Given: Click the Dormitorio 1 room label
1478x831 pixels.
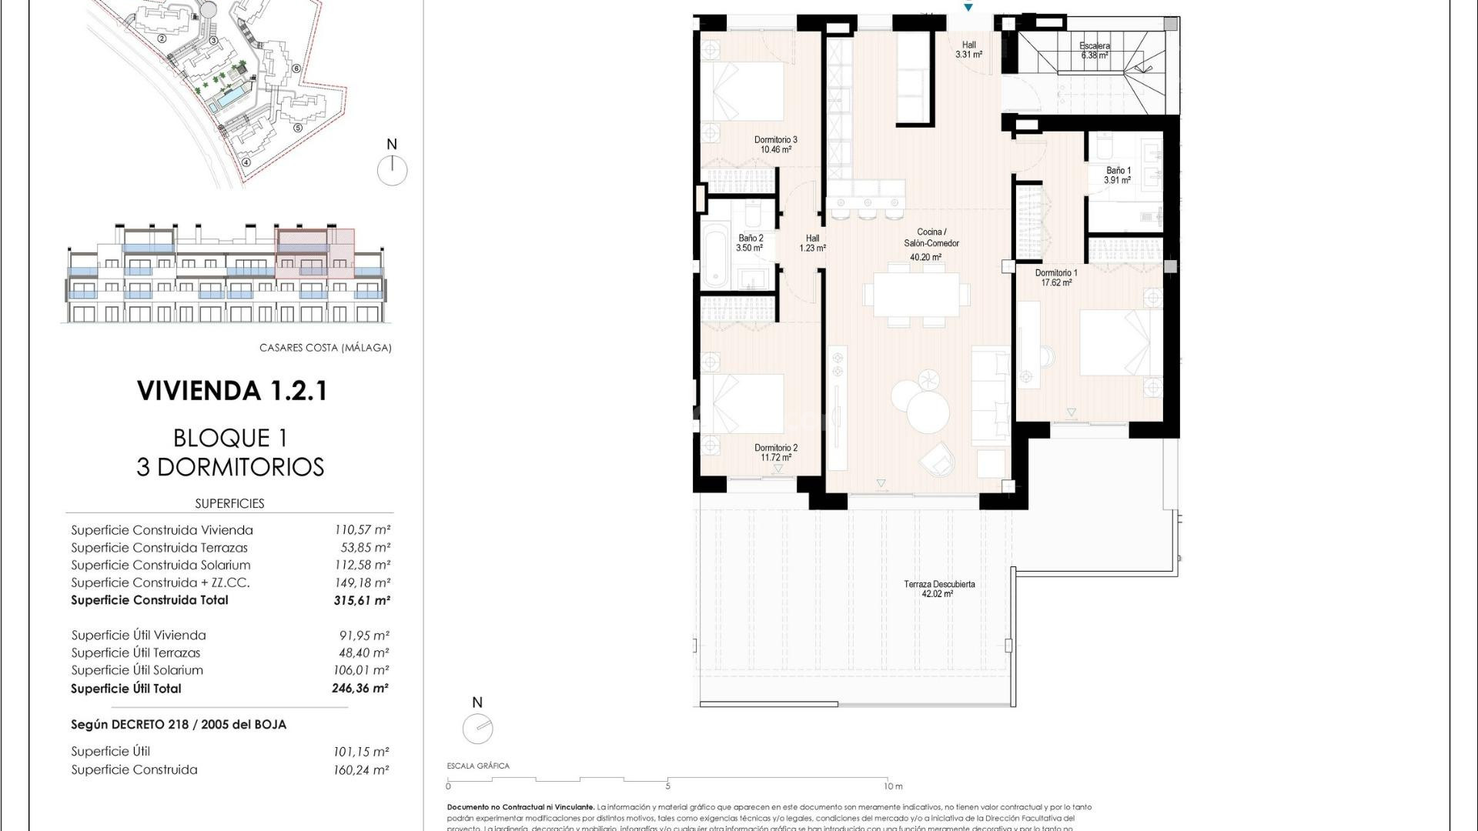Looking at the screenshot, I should pos(1055,273).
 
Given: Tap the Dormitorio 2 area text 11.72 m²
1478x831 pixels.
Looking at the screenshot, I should pos(775,458).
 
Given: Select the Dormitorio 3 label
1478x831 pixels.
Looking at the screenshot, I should pos(775,140).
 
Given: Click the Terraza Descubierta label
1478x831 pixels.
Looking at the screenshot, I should pos(938,584).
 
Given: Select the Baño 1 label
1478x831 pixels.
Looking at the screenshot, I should pos(1118,171).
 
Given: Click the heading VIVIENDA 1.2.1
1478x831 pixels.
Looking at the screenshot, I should pos(232,391).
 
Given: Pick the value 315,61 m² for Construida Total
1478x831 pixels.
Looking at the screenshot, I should pos(362,601).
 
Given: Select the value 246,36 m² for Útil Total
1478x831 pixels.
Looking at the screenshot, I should pos(360,689).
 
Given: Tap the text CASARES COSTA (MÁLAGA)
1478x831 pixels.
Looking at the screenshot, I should pos(325,348).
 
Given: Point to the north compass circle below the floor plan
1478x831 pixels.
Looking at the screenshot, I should pos(477,729).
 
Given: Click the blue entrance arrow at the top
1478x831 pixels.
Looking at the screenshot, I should pos(968,7).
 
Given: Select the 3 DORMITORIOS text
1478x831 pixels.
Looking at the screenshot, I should pos(230,467).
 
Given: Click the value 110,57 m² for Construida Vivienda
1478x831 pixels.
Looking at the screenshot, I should pos(362,530).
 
